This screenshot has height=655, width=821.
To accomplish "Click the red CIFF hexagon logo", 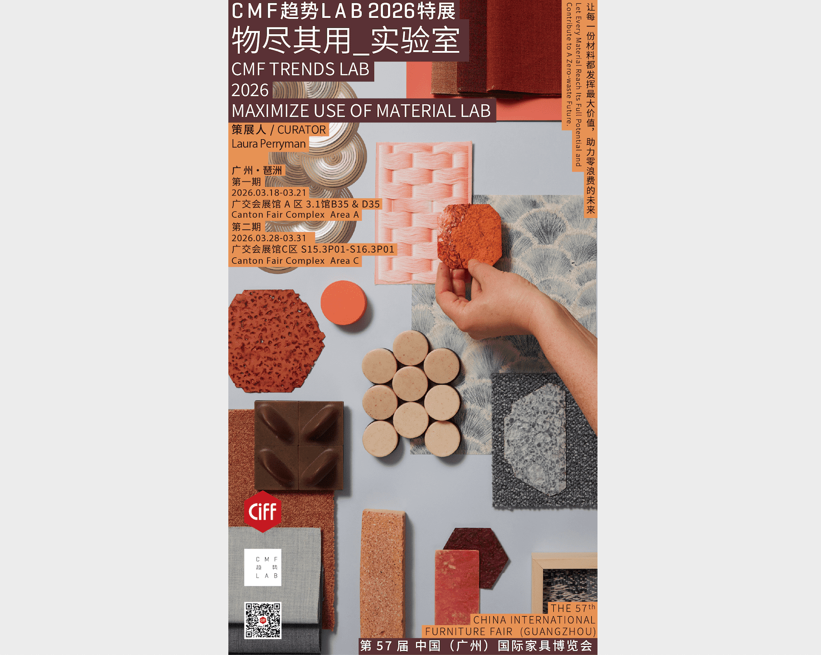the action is tap(262, 511).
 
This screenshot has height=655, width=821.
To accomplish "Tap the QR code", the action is tap(262, 620).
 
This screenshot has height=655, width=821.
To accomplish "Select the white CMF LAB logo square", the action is tap(262, 567).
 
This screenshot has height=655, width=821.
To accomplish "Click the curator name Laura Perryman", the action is tap(269, 144).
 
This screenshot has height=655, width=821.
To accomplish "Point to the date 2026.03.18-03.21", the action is tap(269, 193).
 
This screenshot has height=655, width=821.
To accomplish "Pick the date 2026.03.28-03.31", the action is tap(269, 238).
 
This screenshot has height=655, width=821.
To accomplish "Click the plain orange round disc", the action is tap(344, 303).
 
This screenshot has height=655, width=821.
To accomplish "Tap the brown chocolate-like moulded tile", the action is tap(299, 445).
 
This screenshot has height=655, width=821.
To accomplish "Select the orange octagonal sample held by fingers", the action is tap(470, 235).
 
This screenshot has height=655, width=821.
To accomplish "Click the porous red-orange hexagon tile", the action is tap(276, 340).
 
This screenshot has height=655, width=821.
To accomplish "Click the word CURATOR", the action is tap(301, 130).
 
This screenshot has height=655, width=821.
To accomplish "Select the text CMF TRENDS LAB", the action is tap(300, 69).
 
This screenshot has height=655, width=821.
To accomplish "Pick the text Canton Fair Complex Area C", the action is tap(295, 261).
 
